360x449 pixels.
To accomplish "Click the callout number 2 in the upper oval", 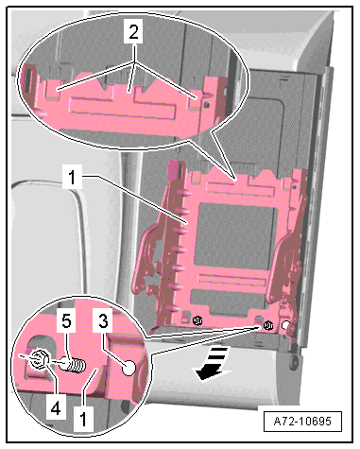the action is (133, 31).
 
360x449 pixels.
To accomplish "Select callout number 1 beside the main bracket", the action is (73, 177).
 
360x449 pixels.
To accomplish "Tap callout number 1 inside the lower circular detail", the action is (83, 419).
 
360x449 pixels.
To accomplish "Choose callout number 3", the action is (103, 320).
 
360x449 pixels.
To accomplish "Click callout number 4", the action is (56, 408).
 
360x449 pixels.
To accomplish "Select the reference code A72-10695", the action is (302, 421).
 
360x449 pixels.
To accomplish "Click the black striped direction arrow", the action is (212, 363).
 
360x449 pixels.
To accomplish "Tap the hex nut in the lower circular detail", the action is (38, 360).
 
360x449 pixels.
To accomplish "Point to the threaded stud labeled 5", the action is (73, 365).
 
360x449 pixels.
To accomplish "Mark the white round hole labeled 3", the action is (129, 368).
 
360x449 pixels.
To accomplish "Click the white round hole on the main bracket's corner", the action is (285, 325).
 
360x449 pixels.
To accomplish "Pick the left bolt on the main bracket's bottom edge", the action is (197, 320).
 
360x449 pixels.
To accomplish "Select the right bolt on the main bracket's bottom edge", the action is (268, 325).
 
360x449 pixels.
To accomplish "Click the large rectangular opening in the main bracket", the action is (234, 234).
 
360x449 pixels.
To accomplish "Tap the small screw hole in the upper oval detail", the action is (206, 104).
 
